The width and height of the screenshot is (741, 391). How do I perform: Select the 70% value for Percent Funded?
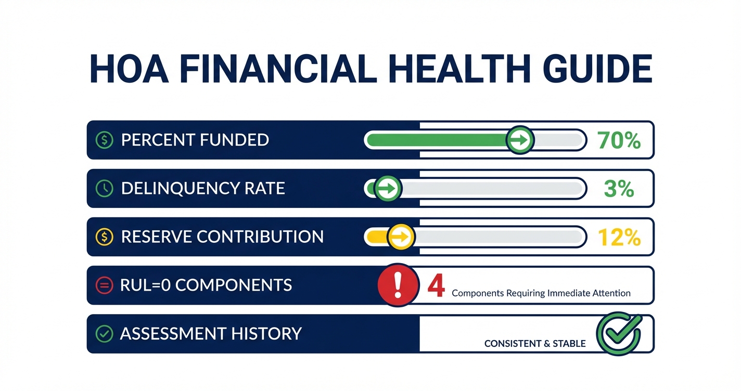pos(619,140)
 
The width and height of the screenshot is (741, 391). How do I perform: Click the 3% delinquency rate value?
pos(619,188)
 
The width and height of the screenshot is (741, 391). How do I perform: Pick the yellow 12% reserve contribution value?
pos(619,237)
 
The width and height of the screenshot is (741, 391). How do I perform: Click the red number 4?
pos(436,285)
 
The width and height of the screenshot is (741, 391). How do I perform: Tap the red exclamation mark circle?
pos(398,284)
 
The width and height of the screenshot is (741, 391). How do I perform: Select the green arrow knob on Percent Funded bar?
pos(520,140)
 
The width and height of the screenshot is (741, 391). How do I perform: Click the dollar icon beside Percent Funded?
pos(105,140)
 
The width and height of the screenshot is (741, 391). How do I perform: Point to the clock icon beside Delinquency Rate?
pos(105,188)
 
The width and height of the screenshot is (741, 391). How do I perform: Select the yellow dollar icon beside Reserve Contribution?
pos(105,237)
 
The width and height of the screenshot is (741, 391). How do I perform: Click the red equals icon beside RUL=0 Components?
pos(105,285)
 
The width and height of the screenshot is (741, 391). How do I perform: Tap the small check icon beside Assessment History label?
pos(105,333)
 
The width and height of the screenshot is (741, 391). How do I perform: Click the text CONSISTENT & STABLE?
pos(535,344)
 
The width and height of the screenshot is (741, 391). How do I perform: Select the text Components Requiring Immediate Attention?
pos(541,293)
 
